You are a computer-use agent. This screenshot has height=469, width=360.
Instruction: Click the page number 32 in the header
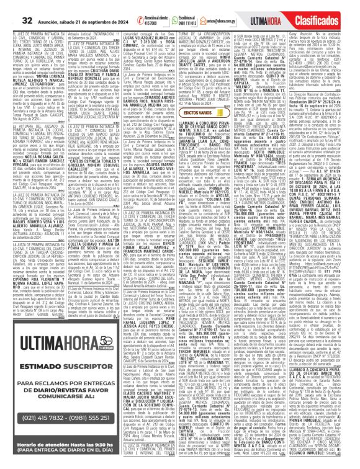12,8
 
